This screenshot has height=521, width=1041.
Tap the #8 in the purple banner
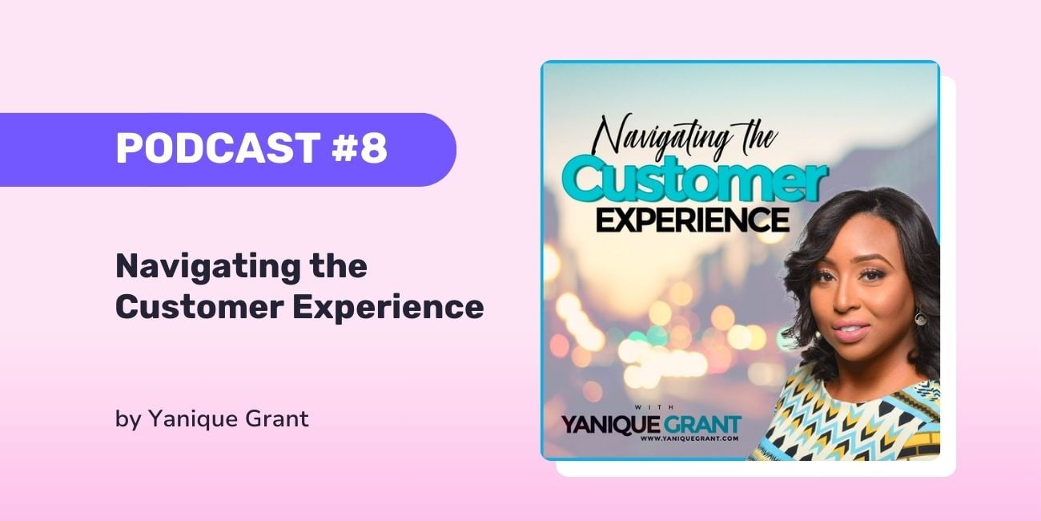coord(360,148)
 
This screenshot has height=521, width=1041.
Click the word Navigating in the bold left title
coord(209,268)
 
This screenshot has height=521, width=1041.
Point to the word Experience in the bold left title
coord(388,309)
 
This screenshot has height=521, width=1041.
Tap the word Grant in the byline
coord(276,418)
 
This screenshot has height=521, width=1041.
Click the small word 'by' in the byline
coord(128,419)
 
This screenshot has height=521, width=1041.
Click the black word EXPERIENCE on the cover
coord(693,220)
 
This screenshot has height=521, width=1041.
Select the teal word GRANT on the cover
coord(702,424)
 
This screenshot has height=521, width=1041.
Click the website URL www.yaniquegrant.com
coord(689,438)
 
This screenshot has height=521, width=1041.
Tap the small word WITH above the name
coord(654,407)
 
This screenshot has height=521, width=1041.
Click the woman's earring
coord(920,317)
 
